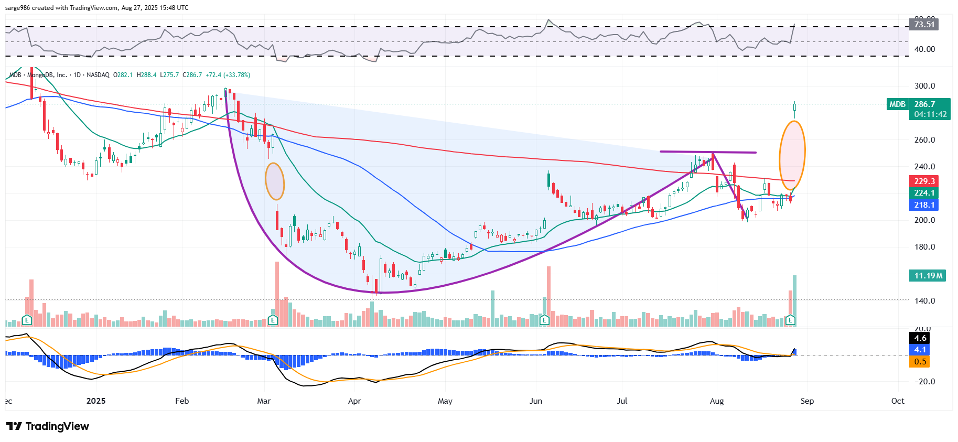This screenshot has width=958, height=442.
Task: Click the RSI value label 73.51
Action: [924, 24]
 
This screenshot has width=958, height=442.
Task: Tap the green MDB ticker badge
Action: [897, 104]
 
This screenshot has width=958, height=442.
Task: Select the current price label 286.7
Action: [924, 104]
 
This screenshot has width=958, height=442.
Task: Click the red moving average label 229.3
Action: [924, 181]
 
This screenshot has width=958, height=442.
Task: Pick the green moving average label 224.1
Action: [924, 193]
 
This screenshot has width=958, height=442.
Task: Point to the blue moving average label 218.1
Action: [924, 205]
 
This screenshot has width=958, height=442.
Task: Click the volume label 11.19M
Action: [928, 276]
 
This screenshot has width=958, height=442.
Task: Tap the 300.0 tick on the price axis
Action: [924, 86]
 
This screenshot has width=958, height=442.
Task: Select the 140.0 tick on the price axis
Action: [924, 301]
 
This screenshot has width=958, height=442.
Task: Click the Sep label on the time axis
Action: [807, 401]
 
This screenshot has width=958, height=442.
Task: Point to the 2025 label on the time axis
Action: [96, 401]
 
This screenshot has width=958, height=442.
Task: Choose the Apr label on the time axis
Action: [354, 401]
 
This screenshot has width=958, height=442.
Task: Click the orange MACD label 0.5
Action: [920, 362]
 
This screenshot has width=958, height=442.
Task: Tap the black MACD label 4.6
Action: [920, 338]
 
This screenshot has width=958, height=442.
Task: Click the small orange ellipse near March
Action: [275, 181]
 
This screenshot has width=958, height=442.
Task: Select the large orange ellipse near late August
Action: [792, 155]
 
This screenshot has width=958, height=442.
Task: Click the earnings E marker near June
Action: [544, 320]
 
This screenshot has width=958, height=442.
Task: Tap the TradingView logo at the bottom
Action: [48, 426]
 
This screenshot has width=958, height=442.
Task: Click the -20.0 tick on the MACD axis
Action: [924, 382]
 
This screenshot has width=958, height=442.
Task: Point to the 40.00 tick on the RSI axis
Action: [924, 49]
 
